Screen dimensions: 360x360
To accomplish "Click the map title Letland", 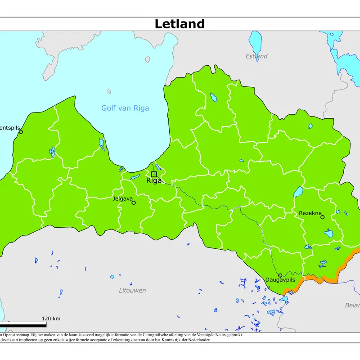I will tap(180, 24).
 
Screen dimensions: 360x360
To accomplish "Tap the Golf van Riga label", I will tap(125, 108).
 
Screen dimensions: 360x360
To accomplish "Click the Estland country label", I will tap(256, 56).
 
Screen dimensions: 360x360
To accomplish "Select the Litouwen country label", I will tap(132, 291).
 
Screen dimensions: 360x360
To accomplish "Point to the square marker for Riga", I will tap(154, 174).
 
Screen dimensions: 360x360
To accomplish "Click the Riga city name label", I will tap(154, 181).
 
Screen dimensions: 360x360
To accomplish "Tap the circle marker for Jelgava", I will tap(134, 202).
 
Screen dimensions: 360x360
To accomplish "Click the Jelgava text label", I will tap(122, 198).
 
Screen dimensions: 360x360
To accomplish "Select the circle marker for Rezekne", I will tap(322, 217).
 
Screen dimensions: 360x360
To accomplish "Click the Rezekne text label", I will tap(310, 213).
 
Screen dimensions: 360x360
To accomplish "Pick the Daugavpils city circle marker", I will tap(280, 275).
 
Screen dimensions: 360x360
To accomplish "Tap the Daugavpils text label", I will tap(280, 280).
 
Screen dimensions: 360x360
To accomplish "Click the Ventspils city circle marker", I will tap(21, 132).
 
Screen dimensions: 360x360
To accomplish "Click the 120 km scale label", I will tap(51, 319).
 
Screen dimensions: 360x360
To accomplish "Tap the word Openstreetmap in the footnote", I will tap(18, 335).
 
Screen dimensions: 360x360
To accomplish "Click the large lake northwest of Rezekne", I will tap(298, 193).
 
